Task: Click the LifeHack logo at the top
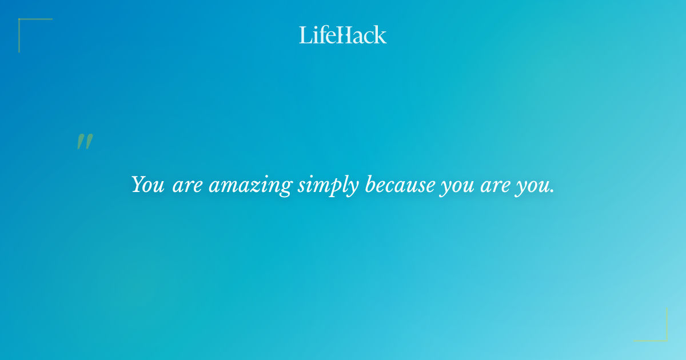tap(343, 35)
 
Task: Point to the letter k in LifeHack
tap(380, 35)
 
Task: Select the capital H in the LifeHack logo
tap(343, 35)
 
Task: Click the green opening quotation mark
tap(85, 142)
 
